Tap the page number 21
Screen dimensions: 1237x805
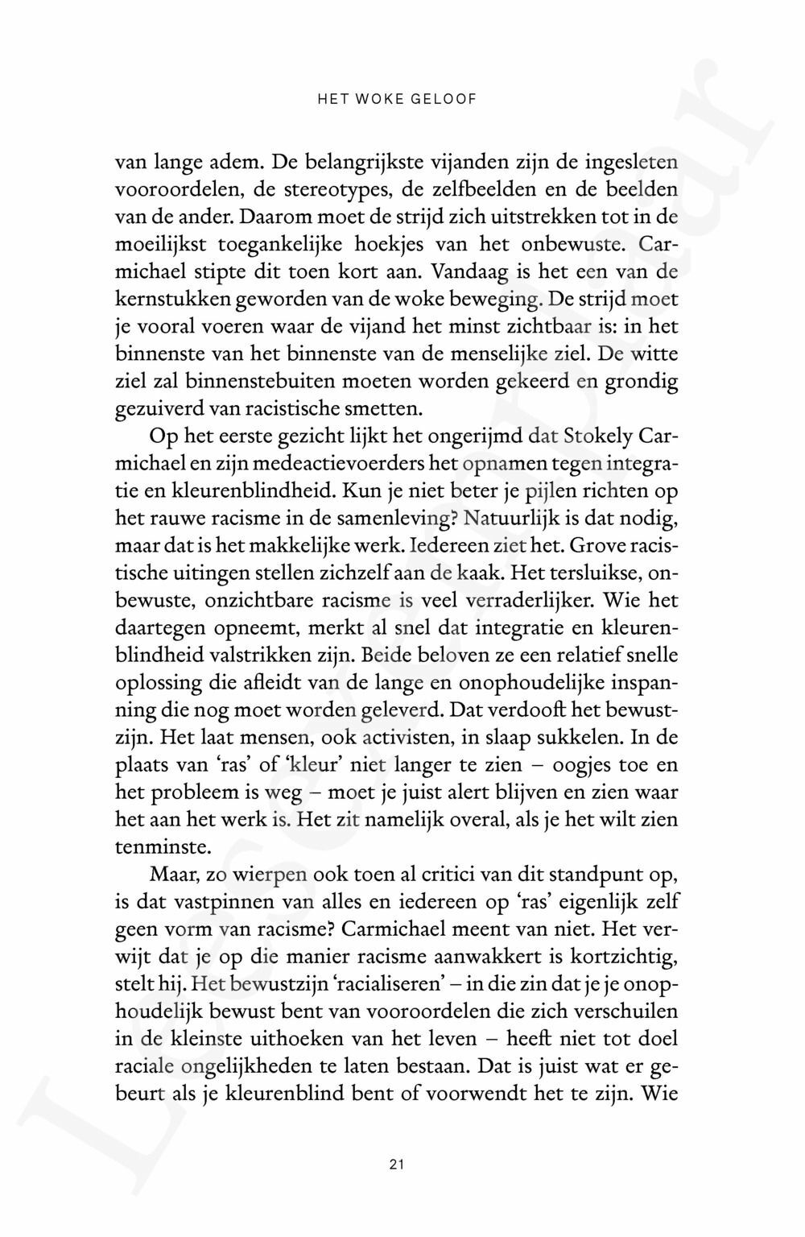[395, 1164]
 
